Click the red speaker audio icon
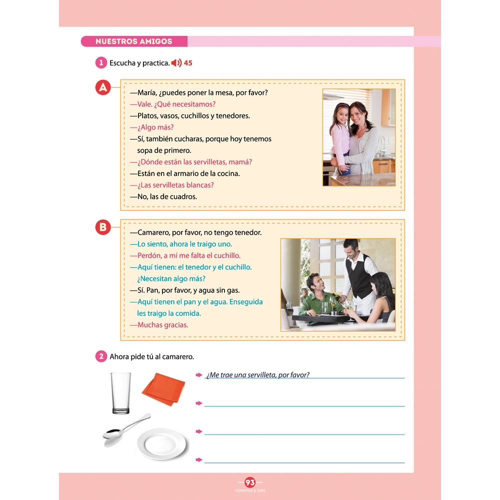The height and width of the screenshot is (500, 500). click(x=176, y=63)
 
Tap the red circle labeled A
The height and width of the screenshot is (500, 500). click(x=103, y=87)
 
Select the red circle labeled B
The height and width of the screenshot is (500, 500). click(x=103, y=227)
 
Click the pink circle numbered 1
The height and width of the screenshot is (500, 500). click(x=101, y=62)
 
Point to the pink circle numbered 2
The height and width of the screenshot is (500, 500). click(x=101, y=356)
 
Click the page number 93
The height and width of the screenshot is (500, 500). click(x=250, y=482)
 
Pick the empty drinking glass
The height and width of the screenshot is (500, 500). click(x=121, y=393)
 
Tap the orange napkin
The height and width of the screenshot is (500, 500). click(x=163, y=389)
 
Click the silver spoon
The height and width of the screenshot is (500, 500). click(x=126, y=430)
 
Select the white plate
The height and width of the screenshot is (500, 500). click(x=161, y=443)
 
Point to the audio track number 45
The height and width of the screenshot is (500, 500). click(x=188, y=63)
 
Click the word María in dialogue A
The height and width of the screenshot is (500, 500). click(x=146, y=93)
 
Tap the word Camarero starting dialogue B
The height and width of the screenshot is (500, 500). click(x=153, y=232)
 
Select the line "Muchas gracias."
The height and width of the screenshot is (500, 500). click(x=159, y=325)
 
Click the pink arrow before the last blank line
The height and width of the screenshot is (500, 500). click(x=199, y=460)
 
